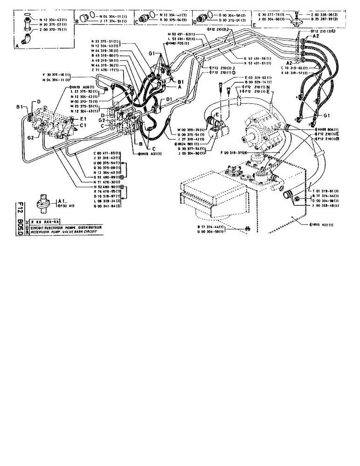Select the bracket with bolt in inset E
point(294,20)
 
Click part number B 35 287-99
point(322,21)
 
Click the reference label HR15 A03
point(322,225)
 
